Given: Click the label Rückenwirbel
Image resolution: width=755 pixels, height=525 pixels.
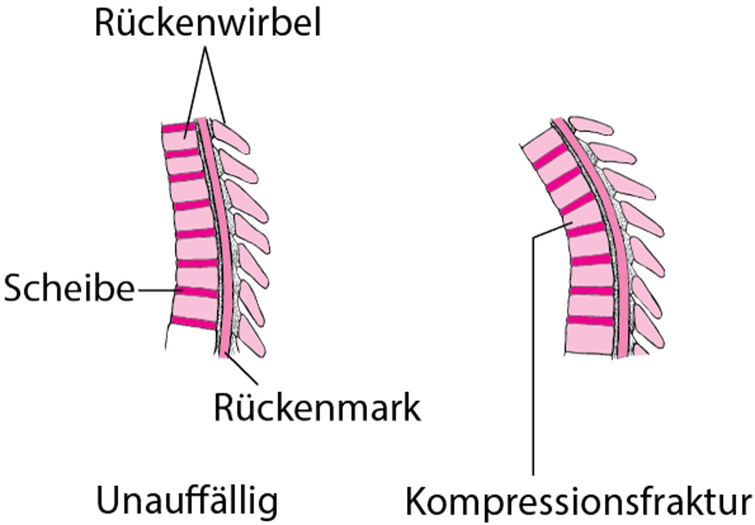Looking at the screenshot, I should point(207,24).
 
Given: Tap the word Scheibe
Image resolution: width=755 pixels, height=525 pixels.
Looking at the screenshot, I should point(69,290).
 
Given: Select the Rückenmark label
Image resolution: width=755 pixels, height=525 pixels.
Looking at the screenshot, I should point(316,407).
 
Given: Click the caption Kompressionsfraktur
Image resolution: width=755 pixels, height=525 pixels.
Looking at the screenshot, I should point(578,503).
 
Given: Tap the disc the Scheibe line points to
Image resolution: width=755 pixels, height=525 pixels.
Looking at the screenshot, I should point(199,293).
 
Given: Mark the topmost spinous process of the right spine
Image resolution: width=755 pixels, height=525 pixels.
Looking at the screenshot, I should point(591,125).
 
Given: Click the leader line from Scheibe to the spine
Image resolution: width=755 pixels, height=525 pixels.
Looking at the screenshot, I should point(157,290).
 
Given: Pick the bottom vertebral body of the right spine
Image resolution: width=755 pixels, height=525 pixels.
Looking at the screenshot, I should point(591,340).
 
